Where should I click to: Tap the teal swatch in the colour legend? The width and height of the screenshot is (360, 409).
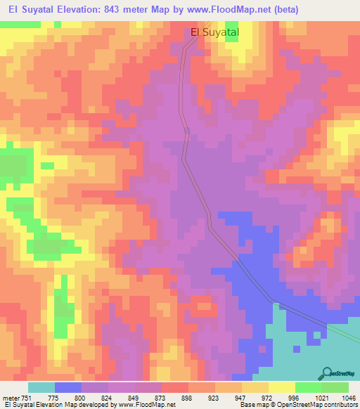pyautogui.click(x=41, y=387)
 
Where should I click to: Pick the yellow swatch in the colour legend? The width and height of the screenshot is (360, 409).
pyautogui.click(x=282, y=387)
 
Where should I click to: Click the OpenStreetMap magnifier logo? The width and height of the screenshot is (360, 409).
pyautogui.click(x=326, y=373)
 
